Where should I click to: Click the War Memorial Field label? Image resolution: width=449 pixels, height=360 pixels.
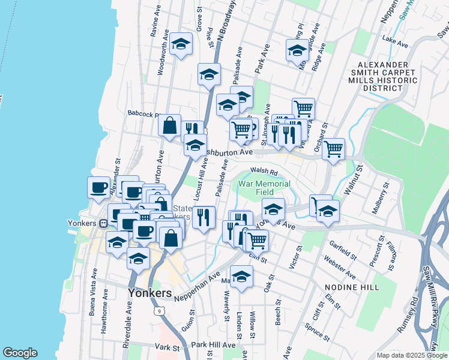tap(264, 188)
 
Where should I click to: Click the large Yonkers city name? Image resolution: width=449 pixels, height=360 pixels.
tap(150, 293)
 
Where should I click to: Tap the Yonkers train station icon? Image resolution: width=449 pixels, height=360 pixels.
tap(103, 223)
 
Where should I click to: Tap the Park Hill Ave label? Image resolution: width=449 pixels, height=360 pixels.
tap(214, 345)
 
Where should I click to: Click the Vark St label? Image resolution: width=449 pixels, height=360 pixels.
tap(167, 347)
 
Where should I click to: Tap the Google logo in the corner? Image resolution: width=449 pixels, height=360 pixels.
tap(20, 352)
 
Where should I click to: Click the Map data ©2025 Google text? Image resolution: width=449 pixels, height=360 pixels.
tap(411, 355)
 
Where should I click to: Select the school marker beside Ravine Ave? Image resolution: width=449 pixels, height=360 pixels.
tap(181, 44)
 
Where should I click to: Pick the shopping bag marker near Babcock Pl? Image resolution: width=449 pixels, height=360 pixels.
tap(170, 125)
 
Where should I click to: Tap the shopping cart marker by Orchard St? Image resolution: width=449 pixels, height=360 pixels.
tap(334, 148)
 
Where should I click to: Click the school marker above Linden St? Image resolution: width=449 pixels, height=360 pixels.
tap(241, 277)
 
